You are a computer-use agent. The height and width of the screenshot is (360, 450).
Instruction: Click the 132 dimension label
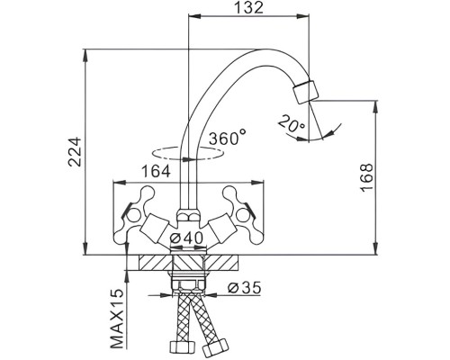point(248,7)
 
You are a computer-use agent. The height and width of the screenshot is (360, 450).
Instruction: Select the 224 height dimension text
point(75,152)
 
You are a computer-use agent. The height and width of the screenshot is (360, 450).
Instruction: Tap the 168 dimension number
point(366,177)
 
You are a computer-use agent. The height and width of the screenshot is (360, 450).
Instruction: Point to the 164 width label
point(156,171)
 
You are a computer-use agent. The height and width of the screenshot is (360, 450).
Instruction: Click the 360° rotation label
point(228,138)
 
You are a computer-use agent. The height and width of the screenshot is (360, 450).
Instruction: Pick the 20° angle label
point(292,123)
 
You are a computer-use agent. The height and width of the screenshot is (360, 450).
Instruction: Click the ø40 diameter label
point(186,238)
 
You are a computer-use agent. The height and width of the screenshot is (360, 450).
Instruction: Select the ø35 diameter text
point(244,288)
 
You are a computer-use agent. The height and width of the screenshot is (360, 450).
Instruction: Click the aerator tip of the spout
point(306,92)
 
